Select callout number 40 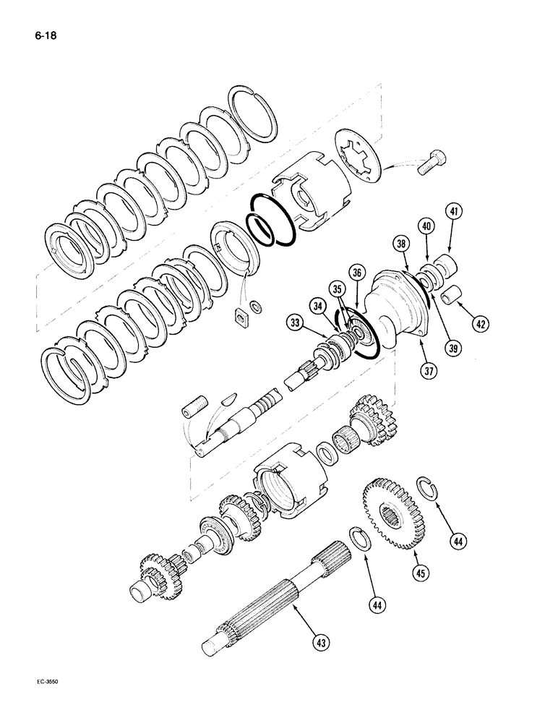point(427,226)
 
